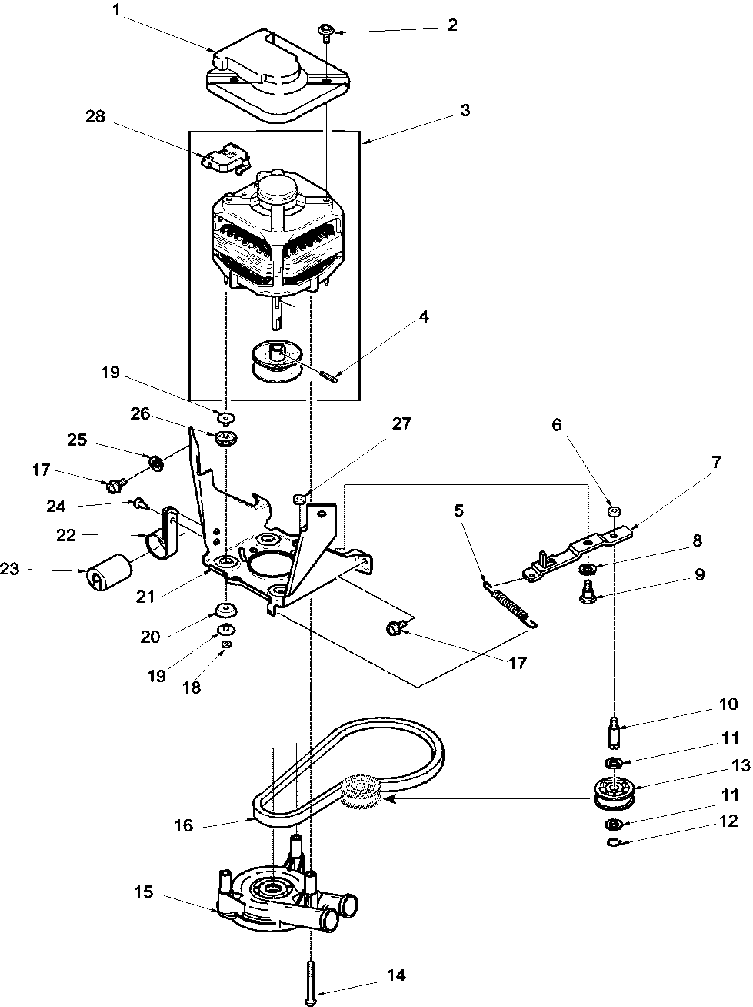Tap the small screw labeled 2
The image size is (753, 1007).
(x=325, y=32)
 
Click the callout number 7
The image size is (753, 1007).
(x=715, y=463)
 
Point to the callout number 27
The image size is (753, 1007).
(x=401, y=424)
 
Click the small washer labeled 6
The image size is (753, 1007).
(x=614, y=511)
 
